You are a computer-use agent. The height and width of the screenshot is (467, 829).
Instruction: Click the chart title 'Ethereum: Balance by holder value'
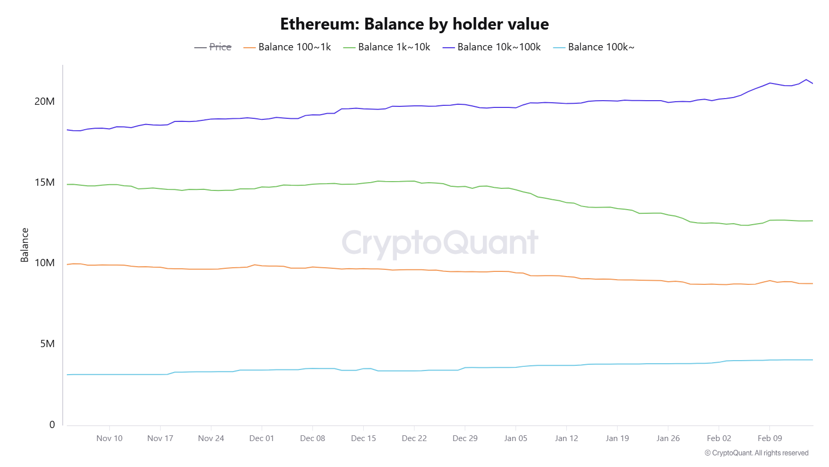[x=414, y=24]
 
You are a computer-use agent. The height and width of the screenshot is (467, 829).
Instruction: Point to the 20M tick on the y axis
[x=45, y=102]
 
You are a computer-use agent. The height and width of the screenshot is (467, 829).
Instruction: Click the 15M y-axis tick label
[x=45, y=183]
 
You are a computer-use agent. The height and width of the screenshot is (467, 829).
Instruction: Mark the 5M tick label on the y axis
[x=47, y=344]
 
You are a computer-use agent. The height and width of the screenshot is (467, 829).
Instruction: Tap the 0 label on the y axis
[x=52, y=425]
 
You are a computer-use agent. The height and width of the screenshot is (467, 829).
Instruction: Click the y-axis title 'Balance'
[x=24, y=245]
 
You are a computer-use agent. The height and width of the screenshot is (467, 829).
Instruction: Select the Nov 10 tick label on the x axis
[x=109, y=438]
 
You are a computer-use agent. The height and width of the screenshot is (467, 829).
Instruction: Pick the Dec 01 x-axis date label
[x=262, y=438]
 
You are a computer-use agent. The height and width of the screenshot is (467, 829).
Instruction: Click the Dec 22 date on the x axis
[x=414, y=438]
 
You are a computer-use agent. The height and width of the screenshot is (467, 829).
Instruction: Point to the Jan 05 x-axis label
[x=516, y=438]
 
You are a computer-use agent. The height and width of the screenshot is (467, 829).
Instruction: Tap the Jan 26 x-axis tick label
[x=668, y=438]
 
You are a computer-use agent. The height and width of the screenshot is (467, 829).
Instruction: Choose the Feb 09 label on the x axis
[x=769, y=438]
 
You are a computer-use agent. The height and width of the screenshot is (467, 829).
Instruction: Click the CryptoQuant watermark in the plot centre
[x=440, y=243]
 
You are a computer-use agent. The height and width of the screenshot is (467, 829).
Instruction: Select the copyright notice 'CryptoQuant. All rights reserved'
[x=756, y=453]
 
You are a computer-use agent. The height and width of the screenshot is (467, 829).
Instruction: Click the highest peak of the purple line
[x=806, y=79]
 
